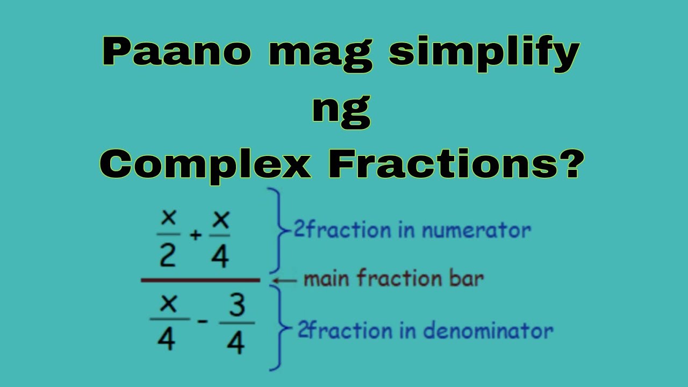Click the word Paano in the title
[x=176, y=52]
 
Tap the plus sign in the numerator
[x=196, y=235]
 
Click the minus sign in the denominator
[x=203, y=321]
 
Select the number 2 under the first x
[x=168, y=256]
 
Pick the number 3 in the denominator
[x=236, y=306]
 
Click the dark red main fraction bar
[x=200, y=280]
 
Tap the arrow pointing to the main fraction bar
[x=284, y=280]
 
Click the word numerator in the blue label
[x=476, y=231]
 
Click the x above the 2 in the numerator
[x=168, y=218]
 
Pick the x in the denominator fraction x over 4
[x=168, y=304]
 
